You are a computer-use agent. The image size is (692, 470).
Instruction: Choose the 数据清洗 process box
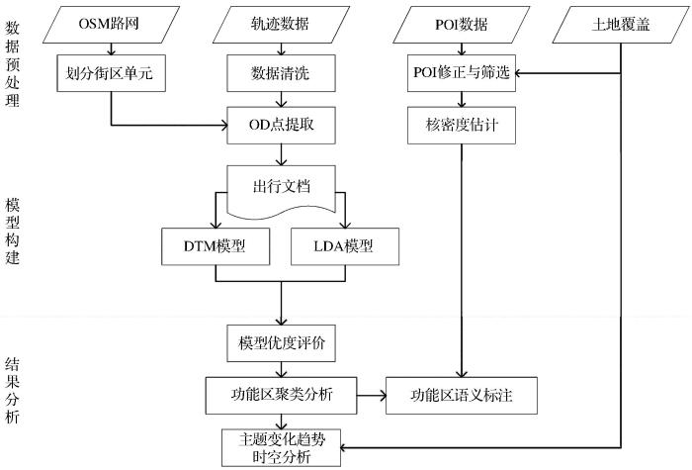pyautogui.click(x=283, y=72)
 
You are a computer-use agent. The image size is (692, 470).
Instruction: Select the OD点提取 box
pyautogui.click(x=283, y=125)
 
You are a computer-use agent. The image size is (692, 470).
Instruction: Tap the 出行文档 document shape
pyautogui.click(x=283, y=186)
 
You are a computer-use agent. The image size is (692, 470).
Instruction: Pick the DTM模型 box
pyautogui.click(x=215, y=246)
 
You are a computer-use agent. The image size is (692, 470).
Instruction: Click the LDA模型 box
pyautogui.click(x=347, y=246)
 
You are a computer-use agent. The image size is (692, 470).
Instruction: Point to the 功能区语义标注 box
pyautogui.click(x=462, y=396)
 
